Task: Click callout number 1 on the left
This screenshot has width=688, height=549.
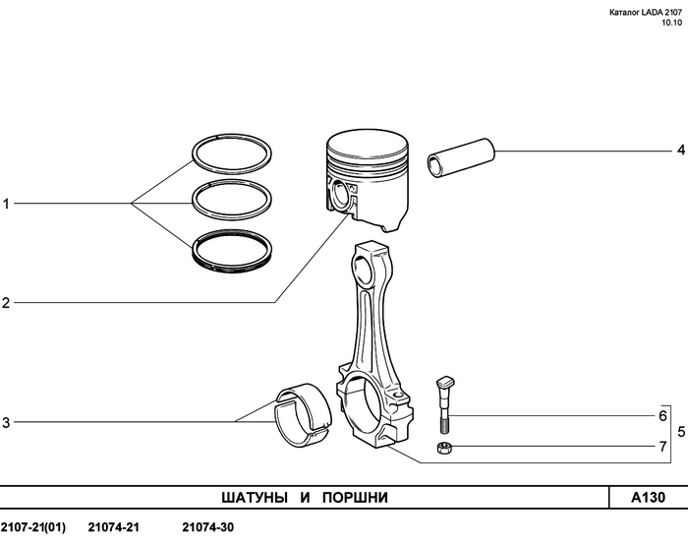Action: click(6, 204)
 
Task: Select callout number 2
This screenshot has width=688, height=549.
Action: click(6, 303)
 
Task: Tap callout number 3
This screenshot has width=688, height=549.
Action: click(6, 422)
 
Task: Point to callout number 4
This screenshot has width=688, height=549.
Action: click(680, 151)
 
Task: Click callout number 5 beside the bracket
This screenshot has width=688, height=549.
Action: click(681, 432)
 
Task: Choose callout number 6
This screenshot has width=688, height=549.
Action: click(662, 415)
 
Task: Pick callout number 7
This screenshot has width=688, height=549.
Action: click(662, 447)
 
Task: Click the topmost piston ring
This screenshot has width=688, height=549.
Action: click(232, 135)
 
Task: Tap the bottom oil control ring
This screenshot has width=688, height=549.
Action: click(232, 232)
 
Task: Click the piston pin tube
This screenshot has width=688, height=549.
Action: click(461, 158)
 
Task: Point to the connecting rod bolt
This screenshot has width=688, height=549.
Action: click(444, 404)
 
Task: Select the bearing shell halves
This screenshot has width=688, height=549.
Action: click(303, 414)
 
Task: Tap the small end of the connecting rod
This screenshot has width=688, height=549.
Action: click(369, 264)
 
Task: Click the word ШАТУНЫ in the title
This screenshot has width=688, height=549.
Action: click(255, 498)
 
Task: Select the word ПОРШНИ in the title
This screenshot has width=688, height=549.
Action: click(355, 498)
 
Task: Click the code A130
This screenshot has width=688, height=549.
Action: click(648, 498)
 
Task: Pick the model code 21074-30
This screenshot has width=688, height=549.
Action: click(208, 527)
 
